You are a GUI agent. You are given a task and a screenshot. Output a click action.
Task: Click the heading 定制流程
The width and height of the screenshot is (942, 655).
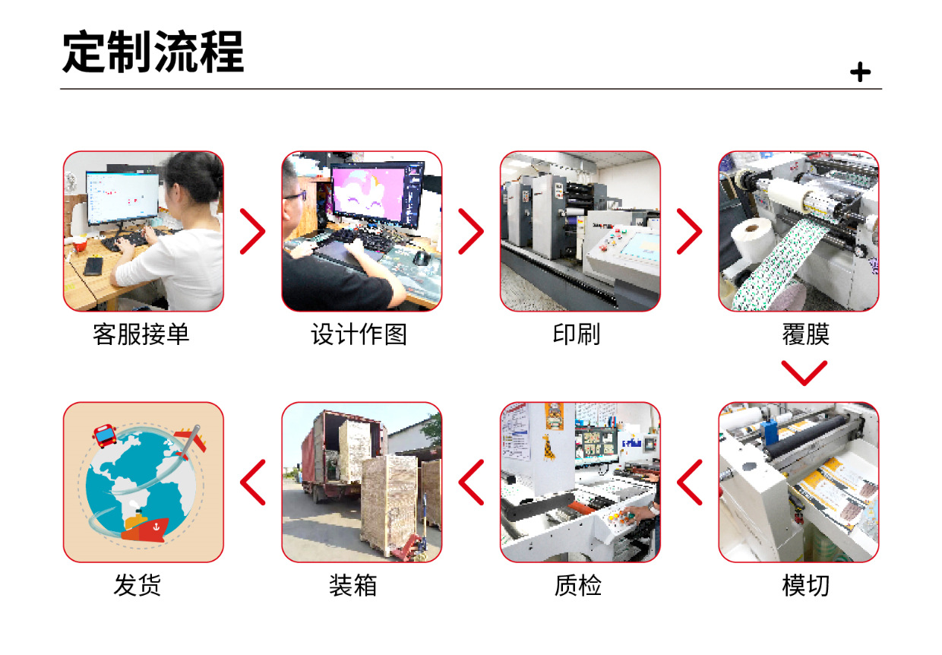tap(153, 52)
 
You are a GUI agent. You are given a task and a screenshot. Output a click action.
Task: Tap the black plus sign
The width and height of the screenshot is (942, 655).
tap(860, 72)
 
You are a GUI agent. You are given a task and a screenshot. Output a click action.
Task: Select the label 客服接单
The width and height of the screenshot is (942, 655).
tap(141, 334)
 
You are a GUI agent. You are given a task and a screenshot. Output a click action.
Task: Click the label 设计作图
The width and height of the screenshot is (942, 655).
tap(359, 334)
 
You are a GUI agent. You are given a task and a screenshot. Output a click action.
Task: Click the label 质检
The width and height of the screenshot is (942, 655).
tap(578, 586)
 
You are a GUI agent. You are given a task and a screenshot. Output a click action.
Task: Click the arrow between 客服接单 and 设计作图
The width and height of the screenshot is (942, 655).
tap(253, 231)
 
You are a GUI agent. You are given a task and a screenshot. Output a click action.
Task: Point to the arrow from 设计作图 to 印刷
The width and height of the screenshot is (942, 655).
tap(471, 231)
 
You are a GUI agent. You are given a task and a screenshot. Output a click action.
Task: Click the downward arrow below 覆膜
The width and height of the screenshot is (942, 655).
tap(804, 372)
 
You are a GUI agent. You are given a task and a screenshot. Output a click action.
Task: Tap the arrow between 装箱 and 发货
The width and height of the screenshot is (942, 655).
tap(253, 483)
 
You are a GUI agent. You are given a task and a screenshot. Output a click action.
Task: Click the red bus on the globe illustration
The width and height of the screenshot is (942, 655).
tap(105, 435)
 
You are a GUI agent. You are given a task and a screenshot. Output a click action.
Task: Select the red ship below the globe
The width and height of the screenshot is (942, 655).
tap(146, 527)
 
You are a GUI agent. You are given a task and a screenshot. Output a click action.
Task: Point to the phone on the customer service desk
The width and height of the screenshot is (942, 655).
tap(93, 266)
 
